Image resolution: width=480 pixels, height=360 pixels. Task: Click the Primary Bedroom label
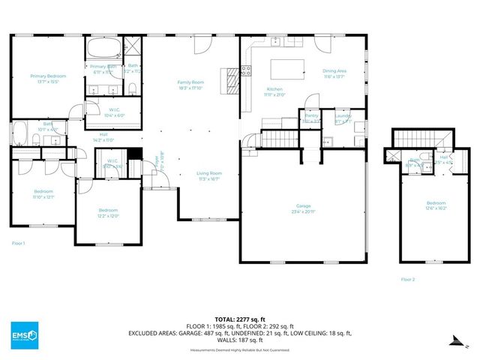coord(48,76)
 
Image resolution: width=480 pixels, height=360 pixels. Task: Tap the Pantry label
coord(310,116)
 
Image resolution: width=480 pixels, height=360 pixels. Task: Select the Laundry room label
coord(343,116)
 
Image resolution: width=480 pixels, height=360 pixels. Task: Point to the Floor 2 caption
coord(407,278)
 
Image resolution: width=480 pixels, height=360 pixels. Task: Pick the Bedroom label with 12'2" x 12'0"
coord(109,211)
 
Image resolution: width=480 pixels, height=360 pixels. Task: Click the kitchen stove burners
coord(246,72)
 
